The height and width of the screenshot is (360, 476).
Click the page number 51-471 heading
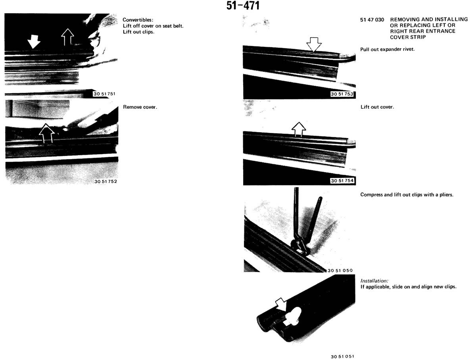point(243,6)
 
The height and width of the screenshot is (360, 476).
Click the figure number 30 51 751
point(104,94)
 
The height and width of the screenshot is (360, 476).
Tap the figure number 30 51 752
point(106,181)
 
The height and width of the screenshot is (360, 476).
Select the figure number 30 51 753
point(342,94)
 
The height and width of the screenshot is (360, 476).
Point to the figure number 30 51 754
point(342,181)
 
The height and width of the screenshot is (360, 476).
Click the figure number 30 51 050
point(340,270)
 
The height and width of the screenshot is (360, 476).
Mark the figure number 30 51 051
point(342,356)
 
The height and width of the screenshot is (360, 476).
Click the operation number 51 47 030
point(372,20)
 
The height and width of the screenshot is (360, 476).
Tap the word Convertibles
point(138,20)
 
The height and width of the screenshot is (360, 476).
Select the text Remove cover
point(140,107)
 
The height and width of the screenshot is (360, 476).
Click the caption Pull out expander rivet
point(387,49)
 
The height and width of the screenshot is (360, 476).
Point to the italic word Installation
point(374,281)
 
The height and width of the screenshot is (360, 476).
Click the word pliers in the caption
point(446,194)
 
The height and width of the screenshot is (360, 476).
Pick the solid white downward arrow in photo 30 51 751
point(34,42)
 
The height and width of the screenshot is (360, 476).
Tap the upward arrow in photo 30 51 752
point(46,133)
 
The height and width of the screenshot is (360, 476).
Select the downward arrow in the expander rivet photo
point(314,44)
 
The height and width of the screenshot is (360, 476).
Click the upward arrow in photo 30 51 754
point(299,129)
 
